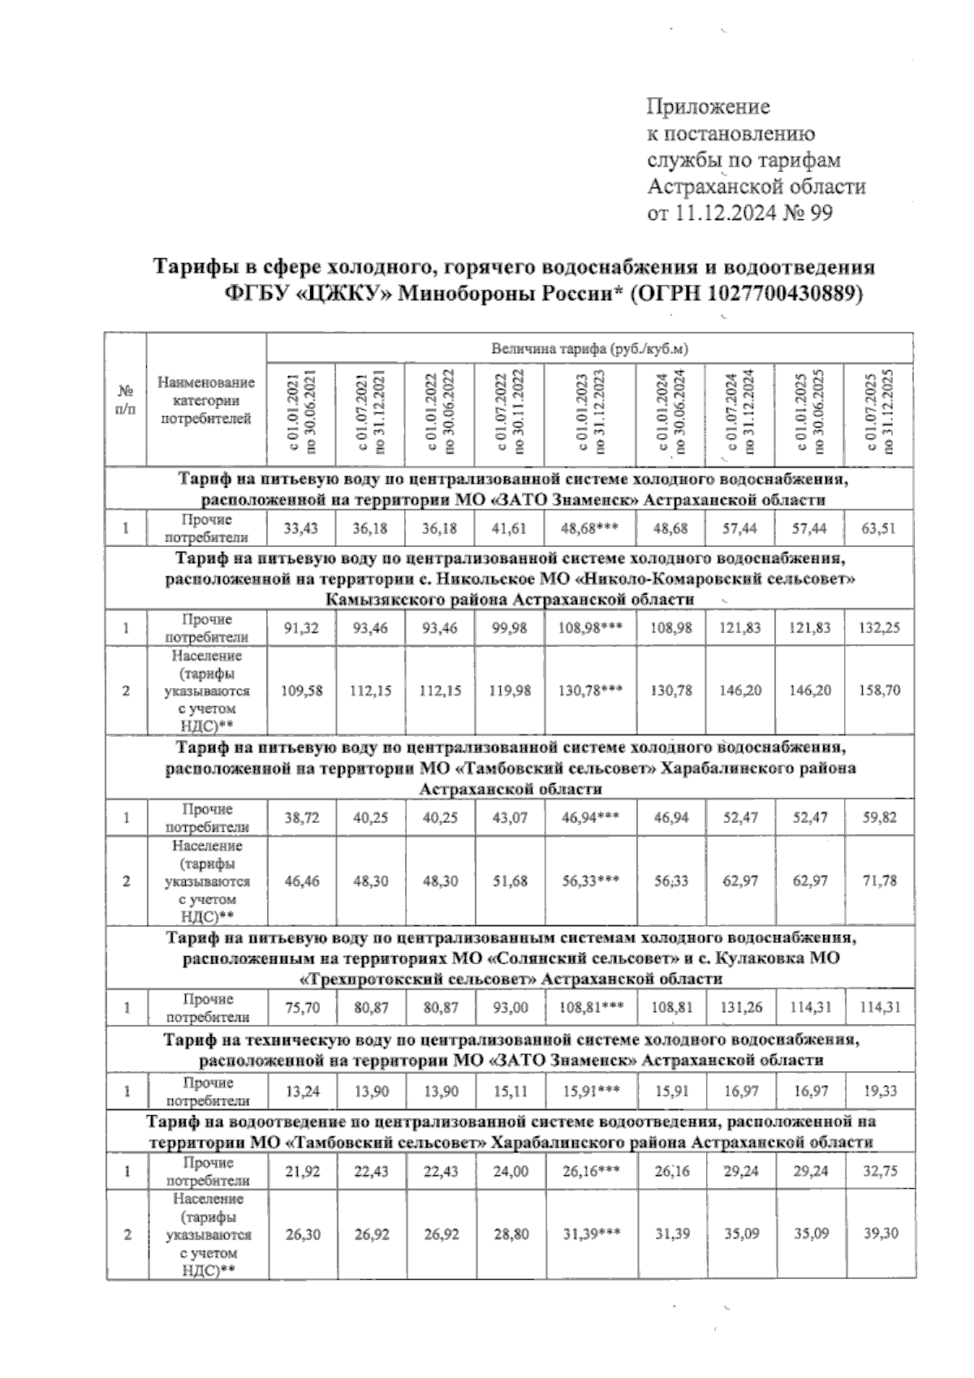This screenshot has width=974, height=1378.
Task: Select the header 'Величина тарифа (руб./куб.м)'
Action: point(589,350)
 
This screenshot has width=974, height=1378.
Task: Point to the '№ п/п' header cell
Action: point(126,400)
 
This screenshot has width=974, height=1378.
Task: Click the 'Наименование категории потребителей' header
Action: point(206,400)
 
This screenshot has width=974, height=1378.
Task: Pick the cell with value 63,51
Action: point(878,528)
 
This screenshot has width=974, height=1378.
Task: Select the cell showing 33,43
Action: point(301,528)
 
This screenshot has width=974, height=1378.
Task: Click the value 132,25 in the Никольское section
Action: point(878,628)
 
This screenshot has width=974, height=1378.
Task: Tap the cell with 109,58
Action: point(301,691)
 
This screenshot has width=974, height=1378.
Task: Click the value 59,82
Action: point(878,818)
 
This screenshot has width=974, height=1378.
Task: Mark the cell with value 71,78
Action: point(878,881)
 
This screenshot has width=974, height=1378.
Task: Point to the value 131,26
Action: point(740,1008)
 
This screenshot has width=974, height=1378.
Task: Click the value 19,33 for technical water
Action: point(878,1092)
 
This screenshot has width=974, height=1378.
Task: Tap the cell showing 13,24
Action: point(301,1092)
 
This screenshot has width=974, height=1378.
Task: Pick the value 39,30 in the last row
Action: point(878,1234)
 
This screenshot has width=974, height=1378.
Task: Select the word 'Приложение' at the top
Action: point(708,107)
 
